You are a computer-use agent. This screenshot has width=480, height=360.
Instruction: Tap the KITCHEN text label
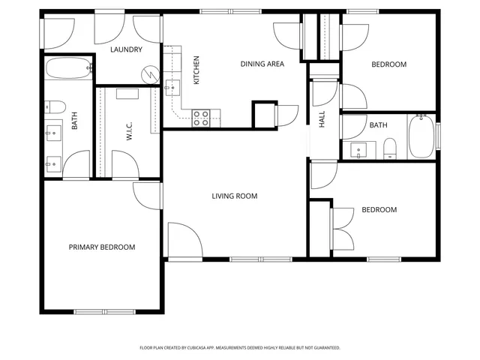pos(196,70)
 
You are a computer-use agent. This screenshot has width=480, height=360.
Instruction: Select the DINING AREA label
pos(262,64)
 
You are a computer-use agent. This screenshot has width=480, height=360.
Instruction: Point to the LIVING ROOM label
pos(234,196)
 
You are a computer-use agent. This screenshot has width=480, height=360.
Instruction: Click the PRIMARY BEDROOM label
pos(102,247)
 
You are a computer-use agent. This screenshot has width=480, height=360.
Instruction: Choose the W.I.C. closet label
pos(129,133)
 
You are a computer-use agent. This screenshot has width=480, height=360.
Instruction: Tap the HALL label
pos(322,119)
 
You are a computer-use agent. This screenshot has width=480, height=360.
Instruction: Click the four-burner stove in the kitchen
pos(201,117)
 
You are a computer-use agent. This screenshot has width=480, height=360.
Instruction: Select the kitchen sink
pos(171,87)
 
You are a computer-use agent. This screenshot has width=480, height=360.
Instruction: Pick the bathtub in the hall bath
pos(421,136)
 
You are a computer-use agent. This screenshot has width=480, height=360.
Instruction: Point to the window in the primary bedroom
pos(104,311)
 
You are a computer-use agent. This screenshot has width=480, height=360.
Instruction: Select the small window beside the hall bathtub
pos(438,136)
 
